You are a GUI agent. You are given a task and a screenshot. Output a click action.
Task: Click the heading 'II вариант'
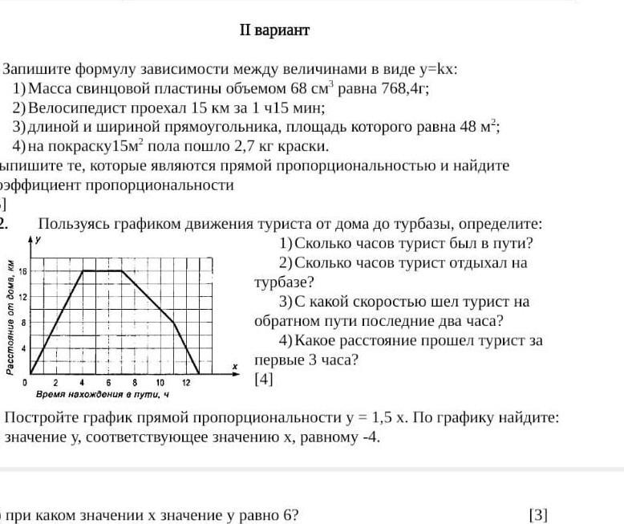pyautogui.click(x=274, y=30)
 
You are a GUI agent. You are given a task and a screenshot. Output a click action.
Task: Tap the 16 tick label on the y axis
pyautogui.click(x=24, y=271)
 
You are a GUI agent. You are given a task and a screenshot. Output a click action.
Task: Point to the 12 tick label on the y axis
pyautogui.click(x=24, y=297)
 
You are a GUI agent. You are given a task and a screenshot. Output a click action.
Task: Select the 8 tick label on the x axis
pyautogui.click(x=135, y=383)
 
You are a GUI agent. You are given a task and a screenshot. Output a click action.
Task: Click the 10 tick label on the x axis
pyautogui.click(x=160, y=383)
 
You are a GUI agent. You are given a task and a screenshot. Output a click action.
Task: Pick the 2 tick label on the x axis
pyautogui.click(x=57, y=383)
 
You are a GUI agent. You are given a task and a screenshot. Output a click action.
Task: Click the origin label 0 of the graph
pyautogui.click(x=25, y=383)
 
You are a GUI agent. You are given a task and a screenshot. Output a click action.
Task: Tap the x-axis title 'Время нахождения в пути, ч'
pyautogui.click(x=103, y=395)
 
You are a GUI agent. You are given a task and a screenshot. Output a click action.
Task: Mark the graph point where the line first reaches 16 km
pyautogui.click(x=83, y=271)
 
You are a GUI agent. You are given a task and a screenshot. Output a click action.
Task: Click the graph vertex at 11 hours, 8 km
pyautogui.click(x=173, y=322)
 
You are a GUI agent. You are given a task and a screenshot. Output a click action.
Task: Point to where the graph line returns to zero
pyautogui.click(x=199, y=373)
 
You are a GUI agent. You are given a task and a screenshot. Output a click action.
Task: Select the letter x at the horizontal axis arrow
pyautogui.click(x=235, y=366)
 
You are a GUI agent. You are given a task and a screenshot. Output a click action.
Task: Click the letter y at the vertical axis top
pyautogui.click(x=40, y=240)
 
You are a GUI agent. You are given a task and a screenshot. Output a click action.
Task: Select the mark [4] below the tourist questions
pyautogui.click(x=264, y=380)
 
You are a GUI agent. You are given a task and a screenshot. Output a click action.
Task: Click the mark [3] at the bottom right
pyautogui.click(x=538, y=514)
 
